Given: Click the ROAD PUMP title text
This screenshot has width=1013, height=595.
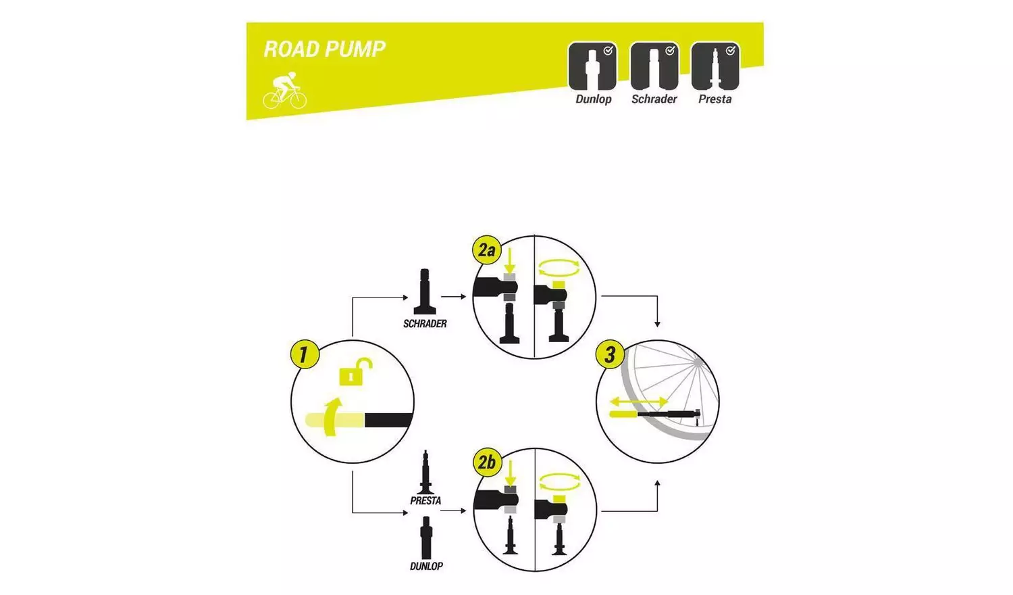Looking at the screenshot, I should coord(324,49).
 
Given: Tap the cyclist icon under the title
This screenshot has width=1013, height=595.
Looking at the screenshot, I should coord(284,91).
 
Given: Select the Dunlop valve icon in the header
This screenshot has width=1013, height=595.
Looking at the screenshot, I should coord(592,67).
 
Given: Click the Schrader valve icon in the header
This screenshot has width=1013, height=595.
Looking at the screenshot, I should coord(654,67).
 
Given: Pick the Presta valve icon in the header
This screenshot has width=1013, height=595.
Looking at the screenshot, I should coord(715,67).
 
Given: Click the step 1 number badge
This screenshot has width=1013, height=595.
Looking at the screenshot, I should coord(304,354).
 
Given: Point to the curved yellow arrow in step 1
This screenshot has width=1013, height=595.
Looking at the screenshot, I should coord(332,416).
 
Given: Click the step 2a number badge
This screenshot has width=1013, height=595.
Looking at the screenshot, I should coord(486,250).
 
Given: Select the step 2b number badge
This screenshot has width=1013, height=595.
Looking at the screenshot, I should coord(487,462).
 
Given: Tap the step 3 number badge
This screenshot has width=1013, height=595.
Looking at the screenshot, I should coord(610,354).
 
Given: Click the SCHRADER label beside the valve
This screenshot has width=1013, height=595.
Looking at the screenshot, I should coord(425,324).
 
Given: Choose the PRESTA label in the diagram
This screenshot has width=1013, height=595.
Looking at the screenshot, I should coord(425,501).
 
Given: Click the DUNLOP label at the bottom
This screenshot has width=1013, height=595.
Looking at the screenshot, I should coord(426,566).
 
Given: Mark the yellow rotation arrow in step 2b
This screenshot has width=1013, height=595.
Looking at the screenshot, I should coord(559,482).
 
